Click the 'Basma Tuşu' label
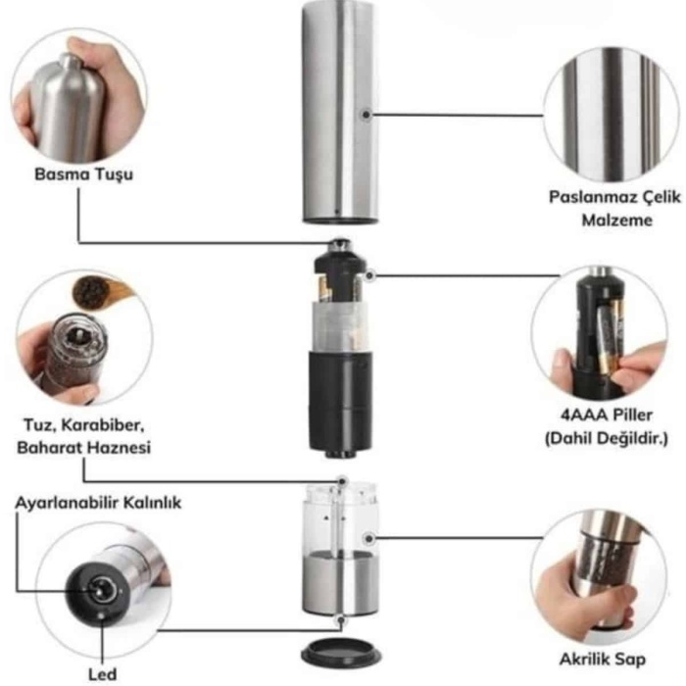click(x=83, y=174)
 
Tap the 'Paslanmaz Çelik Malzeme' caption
click(x=615, y=208)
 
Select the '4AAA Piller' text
click(x=607, y=415)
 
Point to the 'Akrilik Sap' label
click(x=603, y=659)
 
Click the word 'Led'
click(x=102, y=674)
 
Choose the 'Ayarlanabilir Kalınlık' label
click(x=98, y=503)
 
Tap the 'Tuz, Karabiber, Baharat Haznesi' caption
click(x=83, y=436)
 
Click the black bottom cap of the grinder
click(x=341, y=654)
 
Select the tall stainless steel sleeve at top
click(x=340, y=112)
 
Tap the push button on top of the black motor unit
click(x=341, y=245)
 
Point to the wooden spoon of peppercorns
click(x=100, y=291)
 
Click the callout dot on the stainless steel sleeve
click(x=366, y=115)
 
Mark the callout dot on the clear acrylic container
click(x=368, y=539)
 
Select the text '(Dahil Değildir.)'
click(x=607, y=438)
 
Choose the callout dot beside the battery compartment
click(x=369, y=275)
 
